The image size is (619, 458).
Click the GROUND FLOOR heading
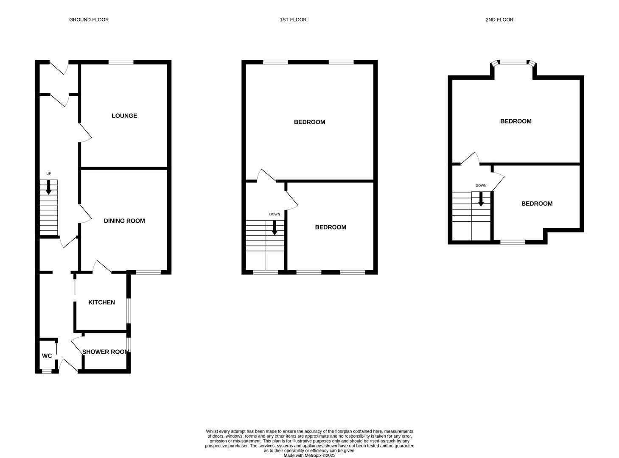[89, 20]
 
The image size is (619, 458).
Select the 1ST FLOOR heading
[293, 20]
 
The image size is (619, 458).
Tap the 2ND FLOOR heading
[499, 20]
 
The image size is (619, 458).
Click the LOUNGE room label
[124, 116]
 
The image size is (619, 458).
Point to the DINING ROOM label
[124, 221]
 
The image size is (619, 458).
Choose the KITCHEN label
[101, 302]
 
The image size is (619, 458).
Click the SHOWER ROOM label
[106, 352]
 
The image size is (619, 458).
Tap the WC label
[47, 356]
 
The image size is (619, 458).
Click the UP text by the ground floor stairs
[48, 174]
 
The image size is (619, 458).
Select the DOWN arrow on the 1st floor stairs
[274, 227]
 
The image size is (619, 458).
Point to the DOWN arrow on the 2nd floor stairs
[481, 199]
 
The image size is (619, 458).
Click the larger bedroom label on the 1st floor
[309, 122]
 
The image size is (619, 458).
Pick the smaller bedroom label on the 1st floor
[331, 227]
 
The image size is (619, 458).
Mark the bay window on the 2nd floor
[513, 62]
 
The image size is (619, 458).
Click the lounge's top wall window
[121, 62]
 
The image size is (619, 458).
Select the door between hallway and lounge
[85, 133]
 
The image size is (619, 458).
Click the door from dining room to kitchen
[102, 266]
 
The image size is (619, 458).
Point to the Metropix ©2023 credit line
[309, 455]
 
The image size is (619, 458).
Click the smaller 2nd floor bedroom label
[537, 204]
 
